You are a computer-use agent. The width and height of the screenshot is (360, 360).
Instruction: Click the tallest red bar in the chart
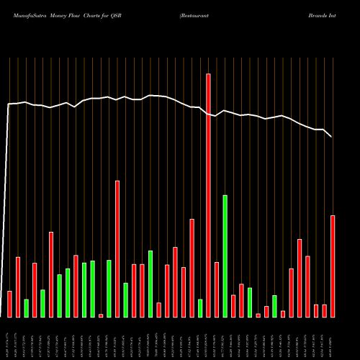(x=208, y=195)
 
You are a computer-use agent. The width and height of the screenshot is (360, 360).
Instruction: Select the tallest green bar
(x=225, y=256)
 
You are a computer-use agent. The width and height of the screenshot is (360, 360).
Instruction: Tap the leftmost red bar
(x=9, y=304)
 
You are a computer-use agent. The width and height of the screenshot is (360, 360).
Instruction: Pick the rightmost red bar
(x=333, y=266)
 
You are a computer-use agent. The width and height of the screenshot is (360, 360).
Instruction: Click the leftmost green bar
(x=26, y=308)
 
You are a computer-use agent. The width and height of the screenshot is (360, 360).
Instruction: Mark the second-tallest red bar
(x=117, y=248)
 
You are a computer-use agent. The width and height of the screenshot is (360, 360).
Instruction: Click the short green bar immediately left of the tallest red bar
(x=200, y=308)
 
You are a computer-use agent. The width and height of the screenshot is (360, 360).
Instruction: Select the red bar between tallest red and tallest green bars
(x=217, y=289)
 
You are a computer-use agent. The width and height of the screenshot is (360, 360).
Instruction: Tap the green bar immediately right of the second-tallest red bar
(x=125, y=300)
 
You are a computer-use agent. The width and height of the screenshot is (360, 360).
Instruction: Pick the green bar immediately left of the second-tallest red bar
(x=109, y=288)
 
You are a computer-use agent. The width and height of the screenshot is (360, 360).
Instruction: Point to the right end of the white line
(x=332, y=136)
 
